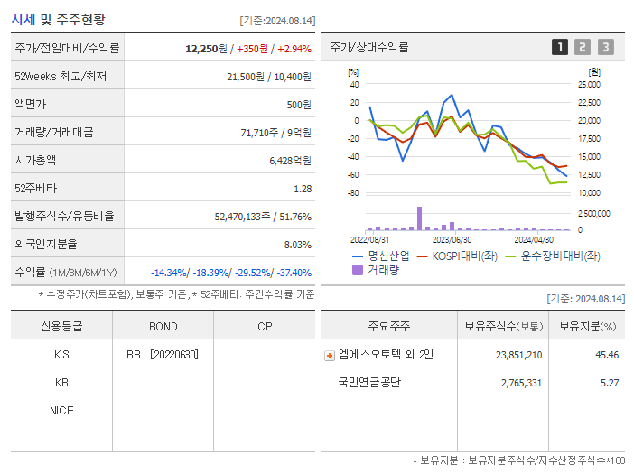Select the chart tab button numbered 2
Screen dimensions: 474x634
583,47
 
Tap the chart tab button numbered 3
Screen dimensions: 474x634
605,47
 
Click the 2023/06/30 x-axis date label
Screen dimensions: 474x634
452,239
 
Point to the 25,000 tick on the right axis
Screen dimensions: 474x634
587,84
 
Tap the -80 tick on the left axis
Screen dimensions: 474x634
353,192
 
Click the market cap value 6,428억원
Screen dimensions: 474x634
290,160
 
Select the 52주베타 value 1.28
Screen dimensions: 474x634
303,188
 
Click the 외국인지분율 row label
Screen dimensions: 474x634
46,244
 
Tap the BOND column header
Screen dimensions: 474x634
163,326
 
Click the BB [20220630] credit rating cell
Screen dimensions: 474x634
163,354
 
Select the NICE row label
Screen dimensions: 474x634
61,410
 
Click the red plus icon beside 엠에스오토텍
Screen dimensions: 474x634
330,355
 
